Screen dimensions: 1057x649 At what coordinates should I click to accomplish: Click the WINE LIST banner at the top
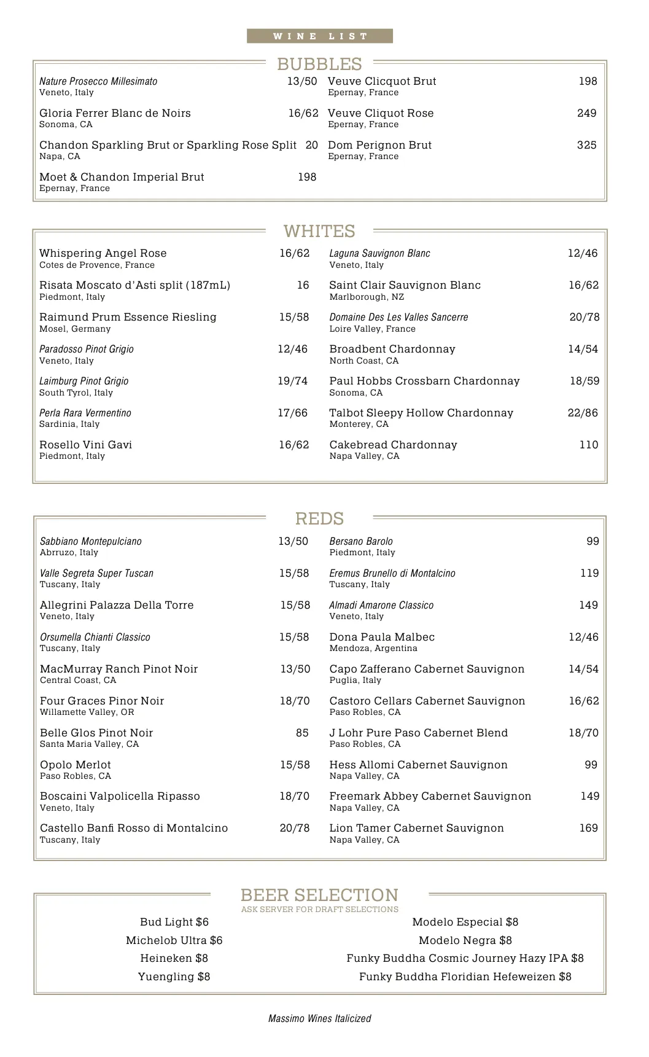click(x=320, y=36)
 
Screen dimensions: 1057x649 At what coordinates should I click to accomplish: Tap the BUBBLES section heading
click(x=319, y=64)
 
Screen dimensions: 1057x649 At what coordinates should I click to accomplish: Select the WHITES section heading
click(x=319, y=231)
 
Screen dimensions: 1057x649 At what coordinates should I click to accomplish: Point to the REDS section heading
click(x=319, y=518)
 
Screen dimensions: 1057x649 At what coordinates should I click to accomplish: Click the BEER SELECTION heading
click(x=319, y=895)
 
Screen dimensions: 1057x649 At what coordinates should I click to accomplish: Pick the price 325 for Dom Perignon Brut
click(x=586, y=145)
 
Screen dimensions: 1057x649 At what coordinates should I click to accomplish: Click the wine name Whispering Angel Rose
click(x=103, y=253)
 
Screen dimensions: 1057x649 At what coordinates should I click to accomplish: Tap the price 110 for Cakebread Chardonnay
click(x=588, y=445)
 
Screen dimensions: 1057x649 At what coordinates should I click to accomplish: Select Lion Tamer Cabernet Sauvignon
click(x=416, y=828)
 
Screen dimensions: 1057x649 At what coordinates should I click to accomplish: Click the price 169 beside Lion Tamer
click(x=588, y=828)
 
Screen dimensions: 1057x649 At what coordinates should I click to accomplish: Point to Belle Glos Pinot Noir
click(x=96, y=733)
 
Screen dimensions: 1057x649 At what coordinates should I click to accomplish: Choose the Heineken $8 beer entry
click(x=174, y=958)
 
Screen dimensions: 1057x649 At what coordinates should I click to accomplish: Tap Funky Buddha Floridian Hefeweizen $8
click(x=465, y=977)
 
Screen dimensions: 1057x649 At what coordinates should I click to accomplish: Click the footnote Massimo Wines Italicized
click(x=319, y=1018)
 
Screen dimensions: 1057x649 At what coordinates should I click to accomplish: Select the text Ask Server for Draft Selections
click(x=319, y=910)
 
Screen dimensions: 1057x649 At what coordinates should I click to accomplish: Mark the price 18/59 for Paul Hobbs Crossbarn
click(x=584, y=381)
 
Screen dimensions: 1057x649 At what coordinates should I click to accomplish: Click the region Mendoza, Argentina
click(x=373, y=649)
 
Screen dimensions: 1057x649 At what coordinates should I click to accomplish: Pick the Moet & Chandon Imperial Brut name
click(x=122, y=177)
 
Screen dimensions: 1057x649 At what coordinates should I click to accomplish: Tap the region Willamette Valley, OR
click(x=87, y=712)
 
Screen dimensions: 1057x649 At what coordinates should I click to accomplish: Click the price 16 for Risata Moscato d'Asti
click(x=303, y=285)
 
